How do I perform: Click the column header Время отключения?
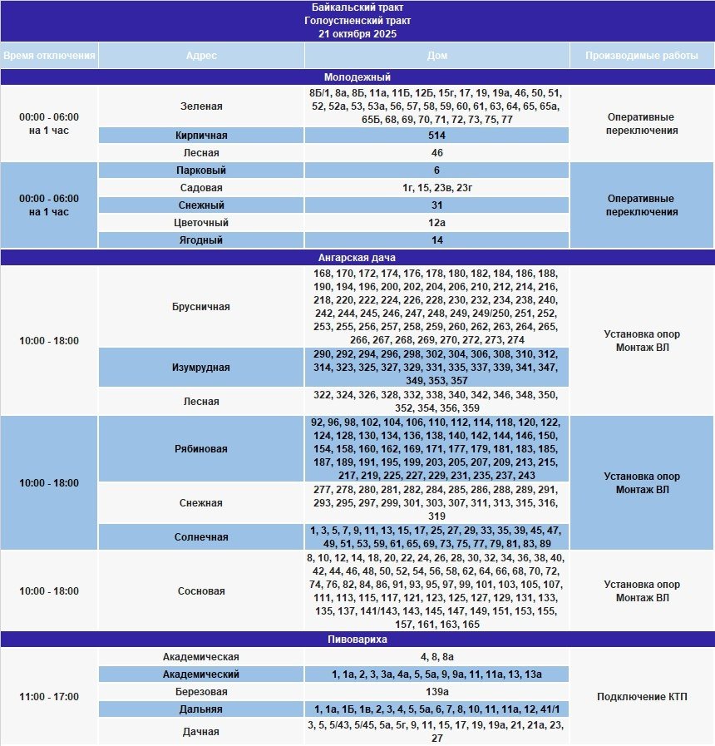click(49, 56)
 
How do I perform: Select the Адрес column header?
click(201, 56)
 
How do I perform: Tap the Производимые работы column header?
click(642, 56)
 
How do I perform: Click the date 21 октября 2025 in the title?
click(357, 34)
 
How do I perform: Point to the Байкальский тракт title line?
click(357, 7)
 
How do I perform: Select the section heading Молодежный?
click(357, 77)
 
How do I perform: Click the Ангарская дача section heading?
click(357, 258)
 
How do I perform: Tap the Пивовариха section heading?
click(357, 640)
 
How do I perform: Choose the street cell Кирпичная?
click(201, 136)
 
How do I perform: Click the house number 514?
click(436, 136)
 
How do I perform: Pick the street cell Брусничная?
click(201, 307)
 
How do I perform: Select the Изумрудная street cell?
click(201, 367)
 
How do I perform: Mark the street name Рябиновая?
click(201, 449)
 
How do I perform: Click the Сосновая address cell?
click(201, 591)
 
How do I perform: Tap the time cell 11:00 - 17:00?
click(49, 696)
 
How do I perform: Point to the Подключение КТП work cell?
click(642, 696)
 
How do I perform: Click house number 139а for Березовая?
click(436, 692)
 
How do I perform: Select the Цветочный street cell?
click(201, 223)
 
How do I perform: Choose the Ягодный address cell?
click(201, 240)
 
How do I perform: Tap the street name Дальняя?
click(201, 709)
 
